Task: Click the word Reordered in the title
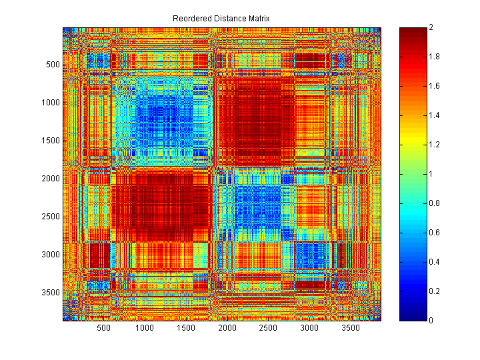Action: [191, 18]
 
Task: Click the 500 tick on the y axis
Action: [53, 65]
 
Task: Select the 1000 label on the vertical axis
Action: [51, 103]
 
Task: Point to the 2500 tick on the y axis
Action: [51, 217]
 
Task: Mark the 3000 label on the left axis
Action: [51, 255]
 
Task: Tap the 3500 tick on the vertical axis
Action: [51, 293]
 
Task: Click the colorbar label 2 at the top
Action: [432, 27]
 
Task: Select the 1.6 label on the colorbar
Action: [435, 86]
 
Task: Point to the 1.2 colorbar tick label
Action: [435, 145]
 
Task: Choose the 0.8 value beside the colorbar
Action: [435, 203]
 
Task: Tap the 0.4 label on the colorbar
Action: [435, 262]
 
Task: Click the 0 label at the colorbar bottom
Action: [432, 321]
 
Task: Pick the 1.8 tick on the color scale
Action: [435, 57]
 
